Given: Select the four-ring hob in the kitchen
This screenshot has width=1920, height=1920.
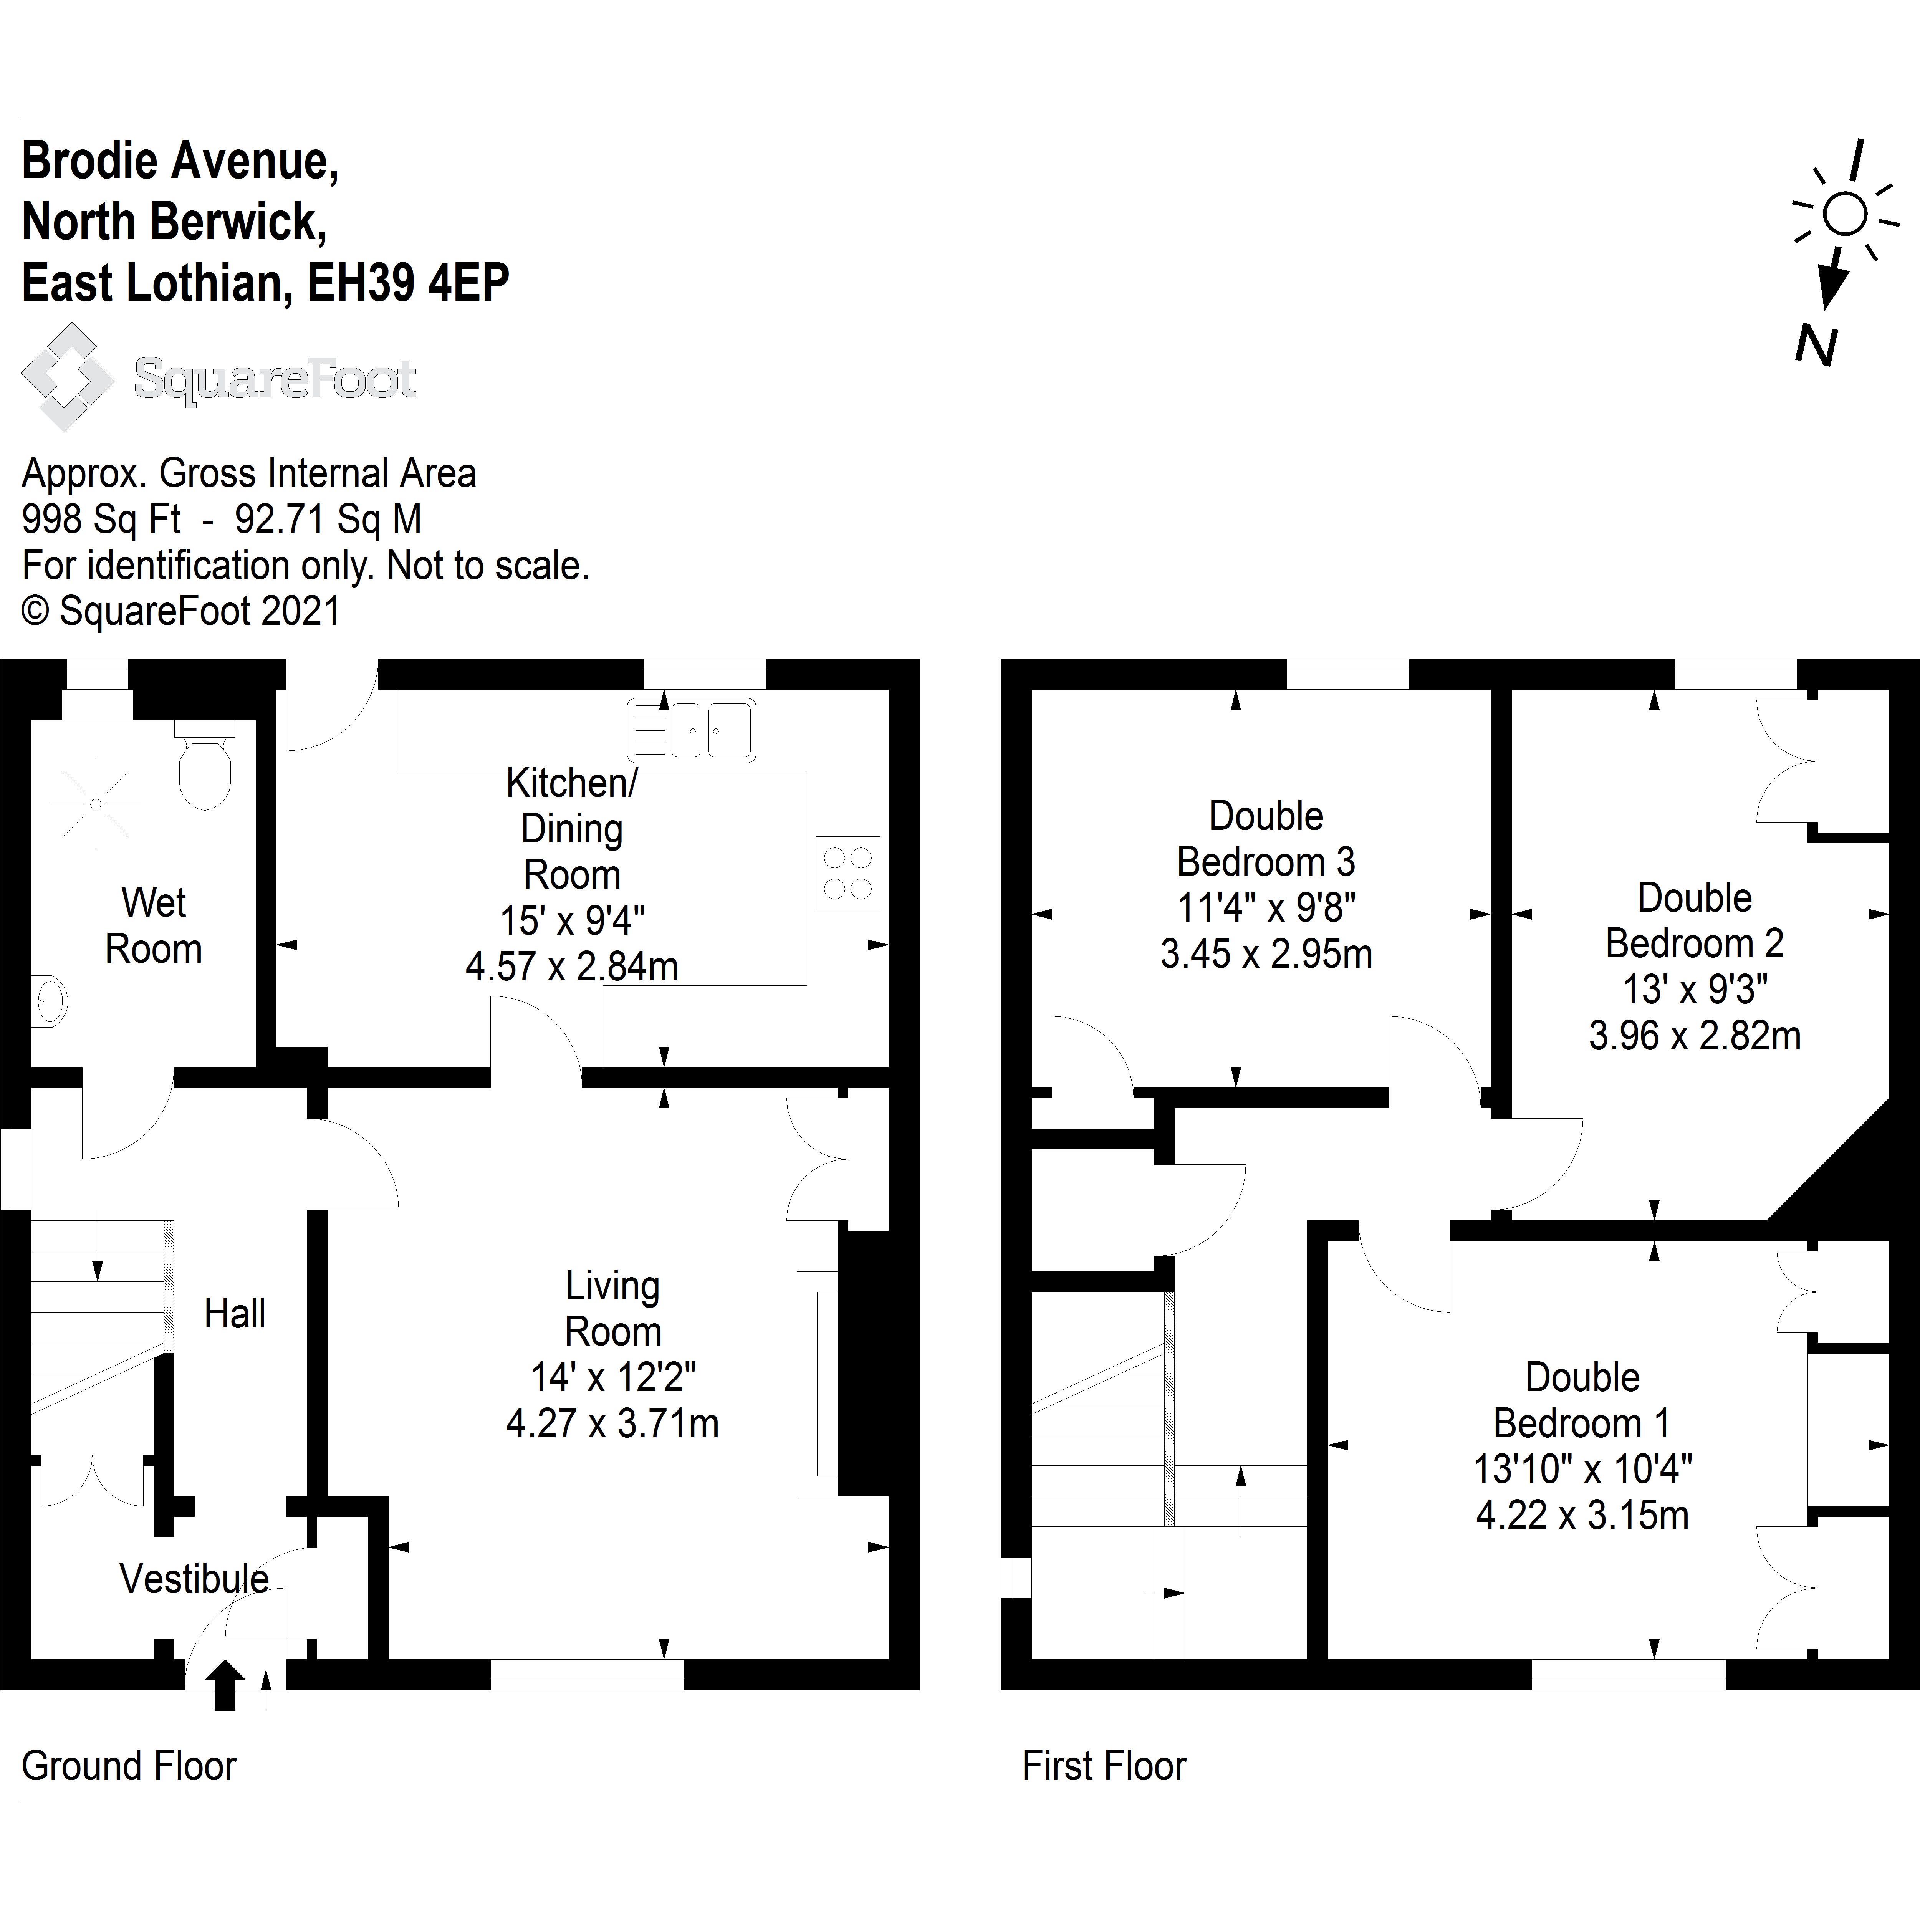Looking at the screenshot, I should (x=848, y=872).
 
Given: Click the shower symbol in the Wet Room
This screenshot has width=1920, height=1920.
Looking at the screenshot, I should (x=95, y=803).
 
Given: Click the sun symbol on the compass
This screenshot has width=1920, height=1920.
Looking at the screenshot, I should (x=1844, y=214).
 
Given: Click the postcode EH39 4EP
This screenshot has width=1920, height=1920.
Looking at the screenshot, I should (x=409, y=283).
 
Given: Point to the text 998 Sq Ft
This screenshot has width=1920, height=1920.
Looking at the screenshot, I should (x=101, y=519).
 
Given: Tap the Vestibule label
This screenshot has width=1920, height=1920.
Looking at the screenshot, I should (x=194, y=1578).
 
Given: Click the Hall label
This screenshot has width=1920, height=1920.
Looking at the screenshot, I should (x=235, y=1314).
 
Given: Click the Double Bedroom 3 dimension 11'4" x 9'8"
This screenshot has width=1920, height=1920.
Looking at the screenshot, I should (x=1266, y=907).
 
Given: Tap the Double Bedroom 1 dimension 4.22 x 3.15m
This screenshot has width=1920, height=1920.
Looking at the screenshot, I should (x=1582, y=1514).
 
